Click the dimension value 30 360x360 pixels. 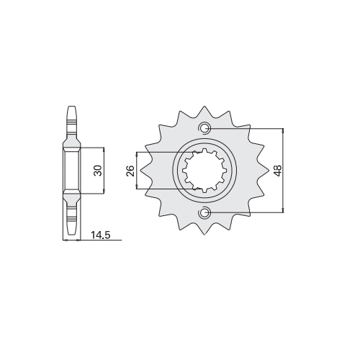99,171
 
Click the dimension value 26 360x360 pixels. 130,171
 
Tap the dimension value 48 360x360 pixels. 278,171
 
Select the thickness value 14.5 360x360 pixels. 101,235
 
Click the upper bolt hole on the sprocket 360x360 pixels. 204,128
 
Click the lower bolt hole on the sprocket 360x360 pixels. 204,212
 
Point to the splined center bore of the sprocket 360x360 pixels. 204,171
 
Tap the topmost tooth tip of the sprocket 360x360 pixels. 204,106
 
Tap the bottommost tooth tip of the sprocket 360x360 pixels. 204,235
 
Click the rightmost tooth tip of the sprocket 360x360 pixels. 269,171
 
